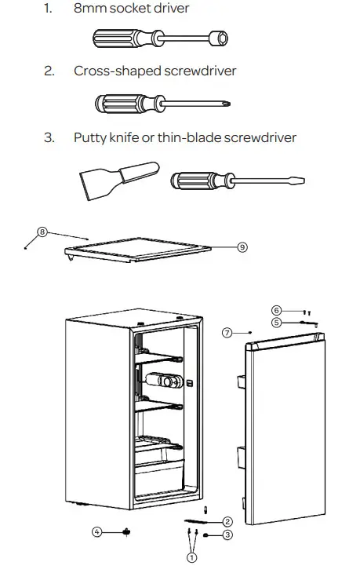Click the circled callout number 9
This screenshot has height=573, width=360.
[x=242, y=246]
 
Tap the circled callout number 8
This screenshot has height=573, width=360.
[x=42, y=232]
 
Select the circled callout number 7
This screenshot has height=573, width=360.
[x=226, y=333]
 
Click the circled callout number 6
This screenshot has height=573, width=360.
[x=276, y=310]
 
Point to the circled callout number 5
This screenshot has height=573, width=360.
[x=276, y=322]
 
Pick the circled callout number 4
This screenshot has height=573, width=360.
[x=97, y=531]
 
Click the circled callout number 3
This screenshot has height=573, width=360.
[x=227, y=535]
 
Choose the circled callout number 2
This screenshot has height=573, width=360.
[x=227, y=521]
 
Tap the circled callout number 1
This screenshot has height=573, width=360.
[x=191, y=558]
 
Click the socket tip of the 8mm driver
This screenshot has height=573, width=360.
[x=219, y=37]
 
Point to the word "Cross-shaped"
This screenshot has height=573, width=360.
[x=117, y=71]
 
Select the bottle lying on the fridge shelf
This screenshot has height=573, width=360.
[x=167, y=381]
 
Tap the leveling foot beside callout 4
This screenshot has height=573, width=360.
[x=125, y=531]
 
